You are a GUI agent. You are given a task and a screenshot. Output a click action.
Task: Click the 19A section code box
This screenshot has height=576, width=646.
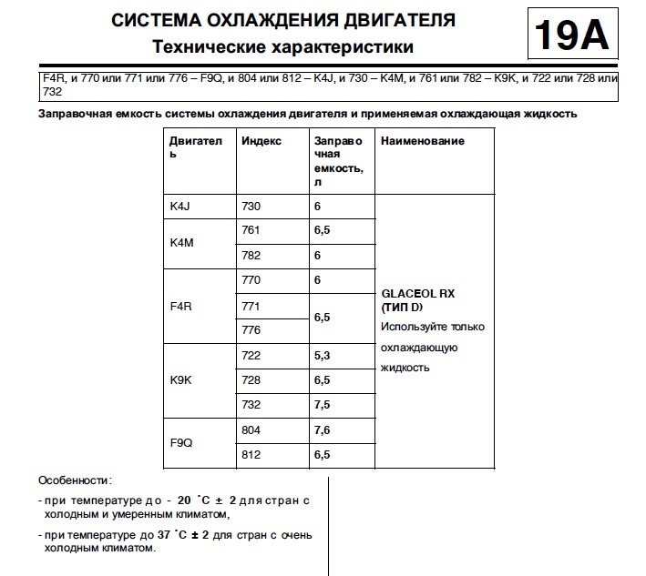570,35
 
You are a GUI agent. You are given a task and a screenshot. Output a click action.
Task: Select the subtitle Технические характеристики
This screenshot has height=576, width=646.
282,45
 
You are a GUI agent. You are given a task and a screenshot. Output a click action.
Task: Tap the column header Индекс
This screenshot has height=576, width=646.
261,141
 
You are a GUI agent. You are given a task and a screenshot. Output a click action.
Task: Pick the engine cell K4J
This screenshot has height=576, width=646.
180,207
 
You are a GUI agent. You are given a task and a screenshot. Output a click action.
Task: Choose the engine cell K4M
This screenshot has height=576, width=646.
182,243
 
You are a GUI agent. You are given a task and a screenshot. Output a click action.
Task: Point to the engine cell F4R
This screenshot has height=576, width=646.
181,307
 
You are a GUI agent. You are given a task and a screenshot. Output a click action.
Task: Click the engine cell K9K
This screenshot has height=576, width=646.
181,379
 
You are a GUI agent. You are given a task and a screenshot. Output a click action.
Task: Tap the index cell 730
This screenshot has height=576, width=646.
251,207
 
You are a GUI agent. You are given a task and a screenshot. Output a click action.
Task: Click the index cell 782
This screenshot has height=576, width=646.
251,256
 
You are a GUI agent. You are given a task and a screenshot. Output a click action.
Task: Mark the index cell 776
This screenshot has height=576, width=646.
251,330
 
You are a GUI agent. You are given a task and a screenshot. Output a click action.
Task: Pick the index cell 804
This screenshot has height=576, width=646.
251,429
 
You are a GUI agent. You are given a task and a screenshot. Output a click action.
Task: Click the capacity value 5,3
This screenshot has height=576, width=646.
323,354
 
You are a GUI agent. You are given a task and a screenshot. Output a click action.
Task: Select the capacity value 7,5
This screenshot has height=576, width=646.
323,404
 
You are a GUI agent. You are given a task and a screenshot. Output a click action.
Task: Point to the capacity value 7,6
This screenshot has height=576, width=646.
323,429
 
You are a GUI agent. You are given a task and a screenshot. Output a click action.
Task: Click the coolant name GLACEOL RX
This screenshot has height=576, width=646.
418,295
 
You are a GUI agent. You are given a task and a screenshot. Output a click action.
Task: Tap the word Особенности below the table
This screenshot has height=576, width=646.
74,479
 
